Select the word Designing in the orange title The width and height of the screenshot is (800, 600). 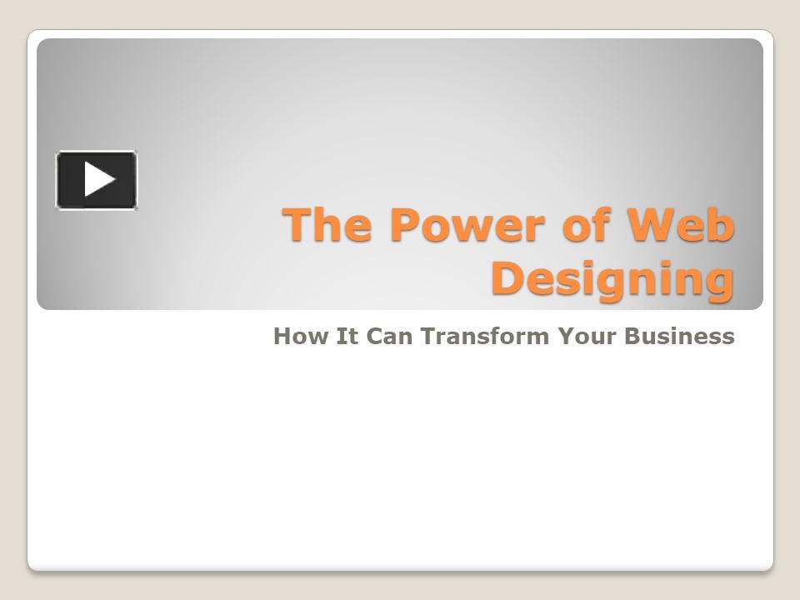612,278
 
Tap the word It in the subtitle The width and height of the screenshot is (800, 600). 335,337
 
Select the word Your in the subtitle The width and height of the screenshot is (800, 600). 587,337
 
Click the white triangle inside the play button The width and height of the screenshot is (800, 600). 98,180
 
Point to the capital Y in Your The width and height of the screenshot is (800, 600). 566,337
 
